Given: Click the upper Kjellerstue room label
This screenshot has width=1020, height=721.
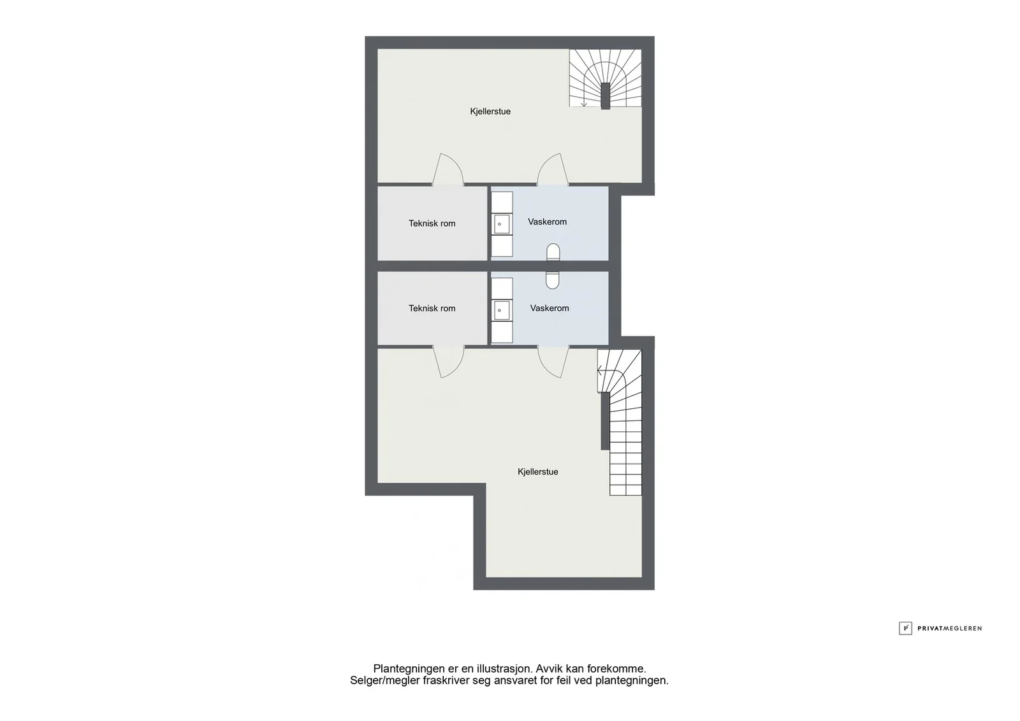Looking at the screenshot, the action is point(490,111).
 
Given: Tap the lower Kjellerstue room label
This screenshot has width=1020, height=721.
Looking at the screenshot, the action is point(538,472).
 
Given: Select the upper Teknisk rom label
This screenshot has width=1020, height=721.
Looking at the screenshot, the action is point(432,224).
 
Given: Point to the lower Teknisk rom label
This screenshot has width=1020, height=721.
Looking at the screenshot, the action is point(432,308).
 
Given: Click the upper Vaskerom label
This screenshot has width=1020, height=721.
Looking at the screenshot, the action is point(548,222).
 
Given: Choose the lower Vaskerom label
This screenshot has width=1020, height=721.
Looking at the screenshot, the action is point(550,308).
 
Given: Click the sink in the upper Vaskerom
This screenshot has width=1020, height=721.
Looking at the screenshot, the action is point(502,224).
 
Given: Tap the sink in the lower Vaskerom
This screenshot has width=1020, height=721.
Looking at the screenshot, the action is point(502,310).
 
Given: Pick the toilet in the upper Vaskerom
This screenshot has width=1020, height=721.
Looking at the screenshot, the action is point(553,252).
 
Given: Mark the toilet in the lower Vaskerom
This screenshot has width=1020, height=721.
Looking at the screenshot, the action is point(552,280).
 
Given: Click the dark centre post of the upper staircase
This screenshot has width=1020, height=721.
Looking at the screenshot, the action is point(605,96).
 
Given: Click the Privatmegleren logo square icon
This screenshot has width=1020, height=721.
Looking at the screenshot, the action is point(905,628).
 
